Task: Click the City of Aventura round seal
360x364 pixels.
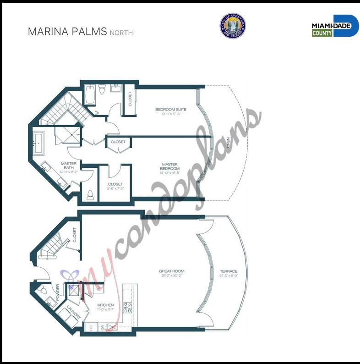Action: coord(232,26)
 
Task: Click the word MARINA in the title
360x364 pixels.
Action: coord(47,32)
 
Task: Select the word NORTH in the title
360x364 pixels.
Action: coord(121,33)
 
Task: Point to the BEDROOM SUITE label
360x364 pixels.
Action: coord(171,109)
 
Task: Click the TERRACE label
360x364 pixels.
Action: coord(229,271)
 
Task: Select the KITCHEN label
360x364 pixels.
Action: coord(106,305)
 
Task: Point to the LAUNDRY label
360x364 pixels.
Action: coord(74,313)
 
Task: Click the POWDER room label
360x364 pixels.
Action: coord(58,292)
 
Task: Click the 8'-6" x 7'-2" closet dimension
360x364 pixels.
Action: coord(115,188)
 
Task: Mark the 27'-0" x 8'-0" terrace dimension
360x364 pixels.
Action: coord(229,276)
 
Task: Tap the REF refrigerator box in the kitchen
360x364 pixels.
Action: coord(91,327)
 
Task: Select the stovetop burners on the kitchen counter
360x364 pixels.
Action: coord(128,307)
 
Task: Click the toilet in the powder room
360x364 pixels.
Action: coord(42,289)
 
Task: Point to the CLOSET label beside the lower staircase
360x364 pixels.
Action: coord(75,235)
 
